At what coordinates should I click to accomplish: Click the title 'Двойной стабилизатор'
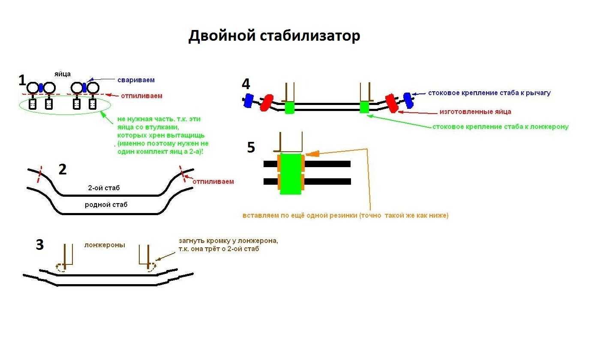(274, 36)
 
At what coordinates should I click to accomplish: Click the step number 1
(23, 80)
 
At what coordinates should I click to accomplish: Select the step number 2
(63, 170)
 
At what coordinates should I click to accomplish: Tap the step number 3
(39, 245)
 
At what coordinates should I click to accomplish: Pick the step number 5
(251, 147)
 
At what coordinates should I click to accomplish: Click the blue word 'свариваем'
(136, 80)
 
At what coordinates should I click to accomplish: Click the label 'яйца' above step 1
(63, 74)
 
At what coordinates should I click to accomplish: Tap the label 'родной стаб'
(106, 204)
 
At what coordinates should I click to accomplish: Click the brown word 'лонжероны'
(105, 245)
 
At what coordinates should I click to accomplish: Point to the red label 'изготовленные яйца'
(475, 112)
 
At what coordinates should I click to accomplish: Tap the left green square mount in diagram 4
(290, 107)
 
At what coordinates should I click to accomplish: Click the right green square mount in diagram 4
(364, 107)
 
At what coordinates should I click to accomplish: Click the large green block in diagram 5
(291, 173)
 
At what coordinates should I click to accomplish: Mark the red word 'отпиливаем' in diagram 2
(213, 181)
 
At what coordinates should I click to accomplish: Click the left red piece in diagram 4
(267, 103)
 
